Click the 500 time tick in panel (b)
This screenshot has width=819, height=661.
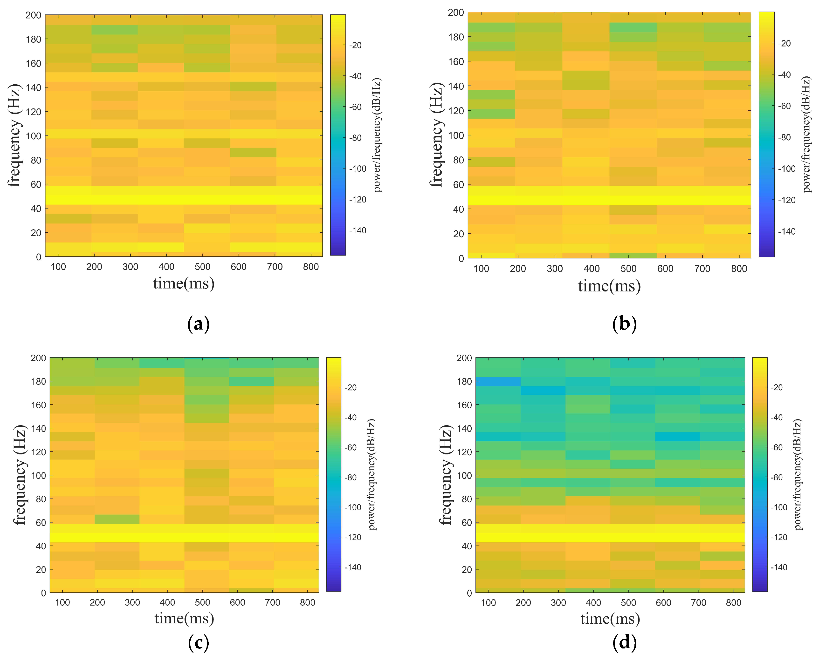click(x=628, y=269)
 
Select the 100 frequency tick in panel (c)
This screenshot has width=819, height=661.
click(x=38, y=476)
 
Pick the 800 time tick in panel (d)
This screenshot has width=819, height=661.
click(x=733, y=603)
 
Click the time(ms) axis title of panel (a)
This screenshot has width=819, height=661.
click(x=184, y=284)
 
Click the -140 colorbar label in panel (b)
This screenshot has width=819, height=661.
click(x=787, y=231)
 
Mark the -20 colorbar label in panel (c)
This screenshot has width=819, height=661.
click(x=351, y=388)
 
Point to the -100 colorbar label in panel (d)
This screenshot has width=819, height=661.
click(x=779, y=507)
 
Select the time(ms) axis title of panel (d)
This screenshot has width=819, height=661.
click(x=610, y=619)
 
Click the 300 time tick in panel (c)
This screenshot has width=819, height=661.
click(x=132, y=603)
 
